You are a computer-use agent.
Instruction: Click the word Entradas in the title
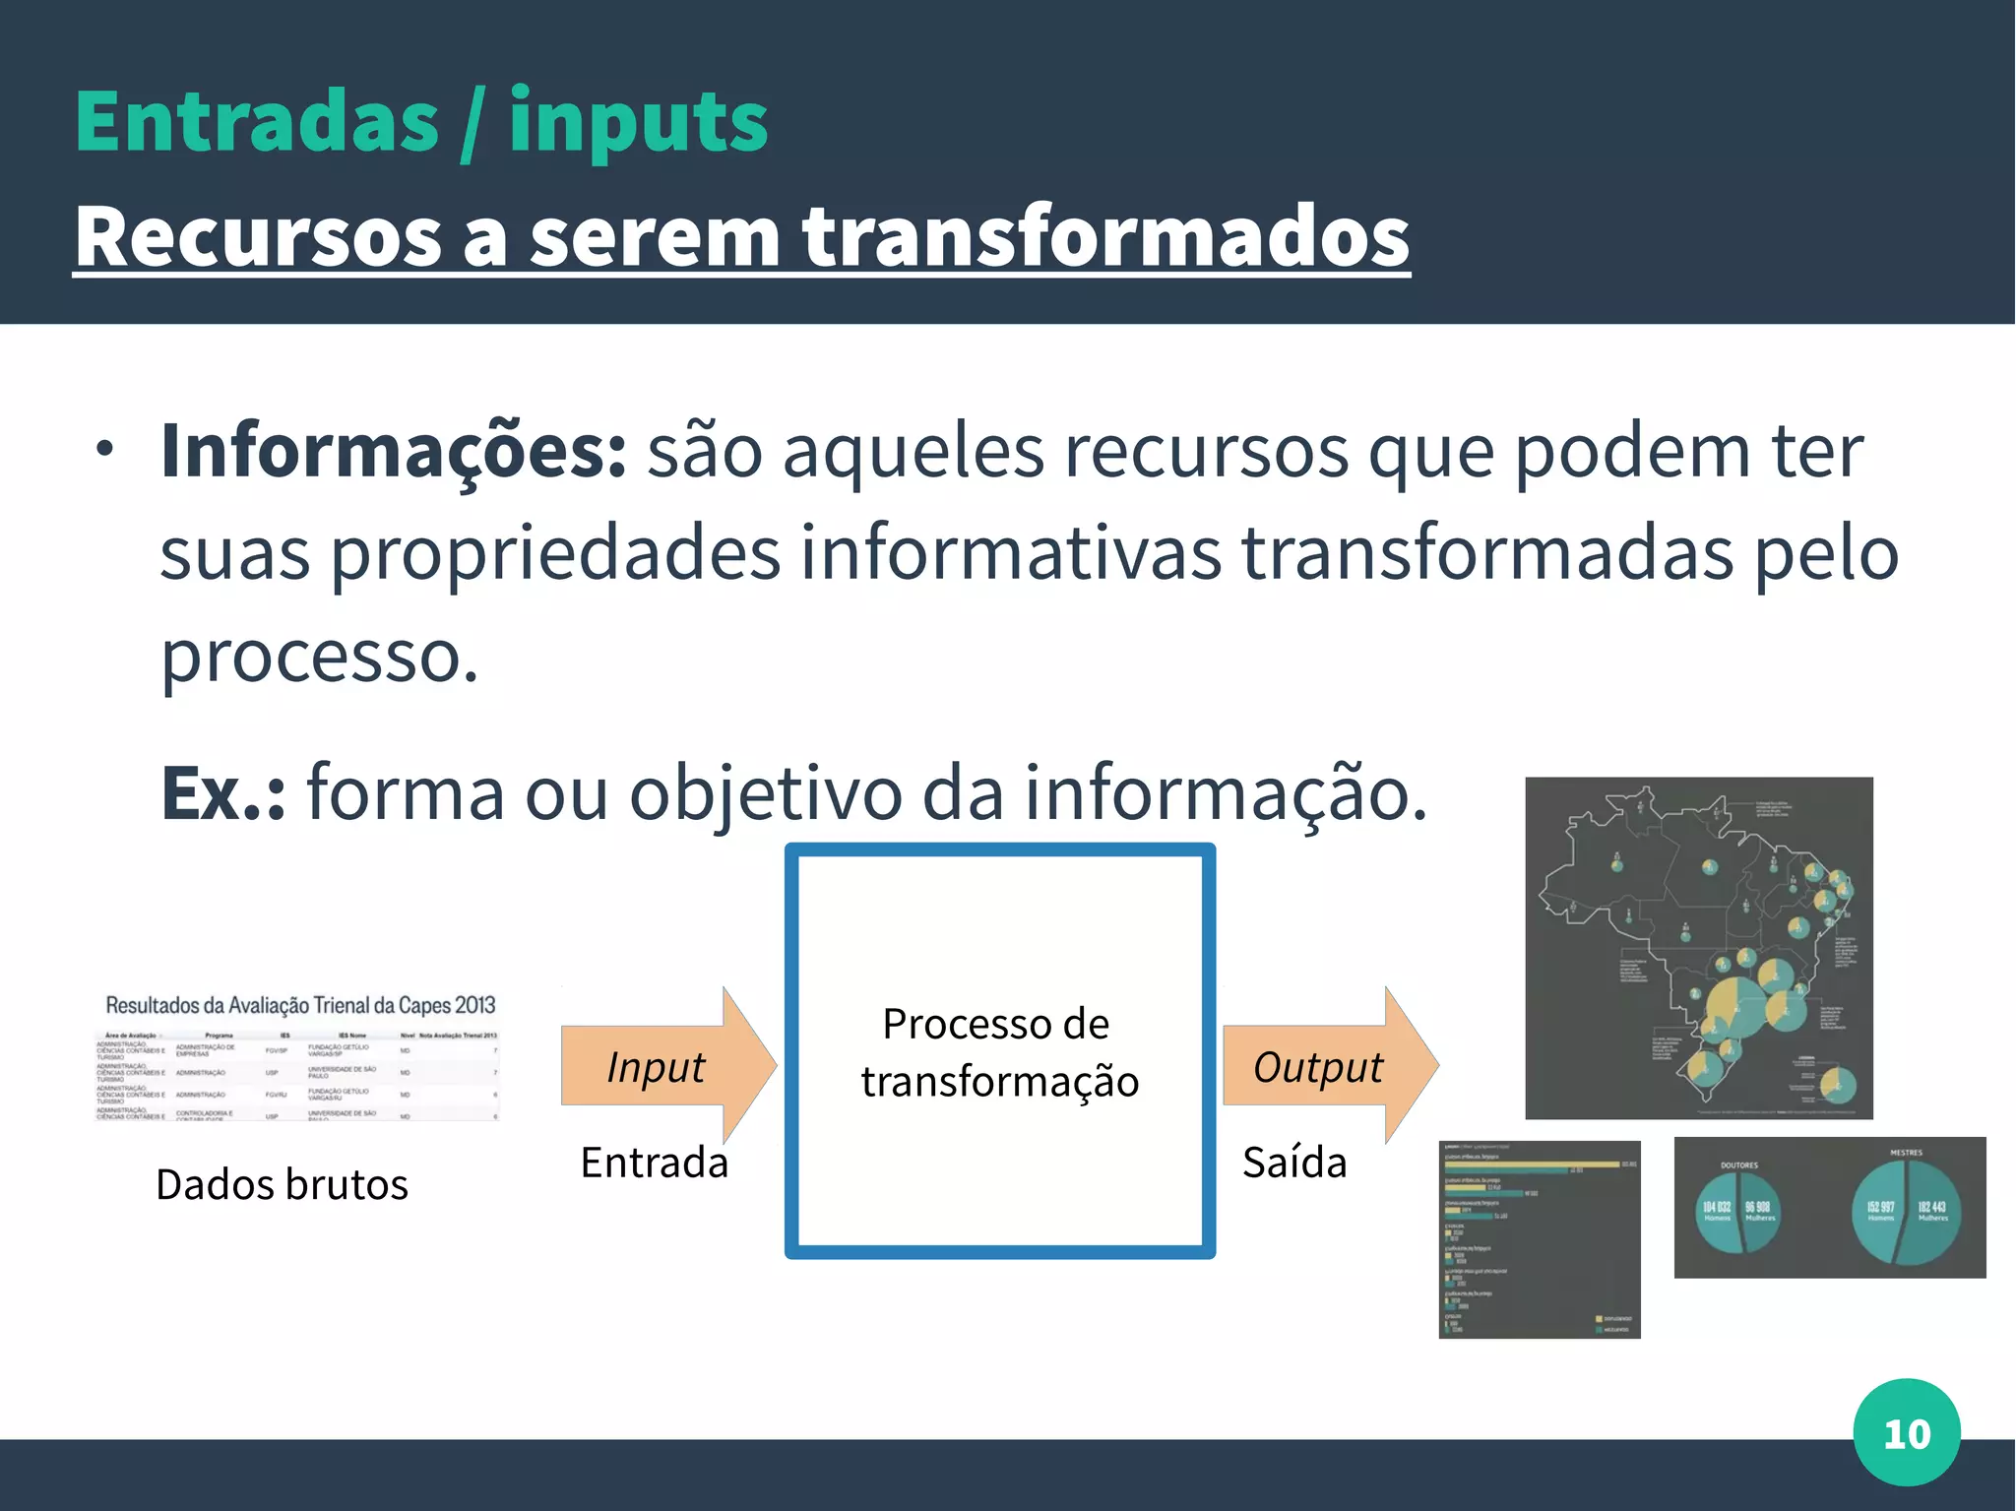[x=256, y=122]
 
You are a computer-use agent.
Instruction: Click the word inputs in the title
[x=638, y=122]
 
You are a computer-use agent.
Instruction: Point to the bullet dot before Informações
[x=105, y=450]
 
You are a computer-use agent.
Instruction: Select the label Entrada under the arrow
[x=655, y=1163]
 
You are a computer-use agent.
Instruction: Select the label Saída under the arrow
[x=1294, y=1163]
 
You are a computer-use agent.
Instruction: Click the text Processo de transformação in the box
[x=999, y=1052]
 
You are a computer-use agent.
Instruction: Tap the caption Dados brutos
[x=282, y=1184]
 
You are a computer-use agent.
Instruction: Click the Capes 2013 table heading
[x=300, y=1005]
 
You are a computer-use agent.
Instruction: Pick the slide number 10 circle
[x=1906, y=1433]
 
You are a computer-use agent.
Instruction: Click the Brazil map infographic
[x=1699, y=947]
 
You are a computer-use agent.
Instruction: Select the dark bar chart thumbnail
[x=1539, y=1238]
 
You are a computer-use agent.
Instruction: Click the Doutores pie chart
[x=1739, y=1213]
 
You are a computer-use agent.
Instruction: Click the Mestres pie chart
[x=1906, y=1213]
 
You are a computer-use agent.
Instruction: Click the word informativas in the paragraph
[x=1010, y=554]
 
